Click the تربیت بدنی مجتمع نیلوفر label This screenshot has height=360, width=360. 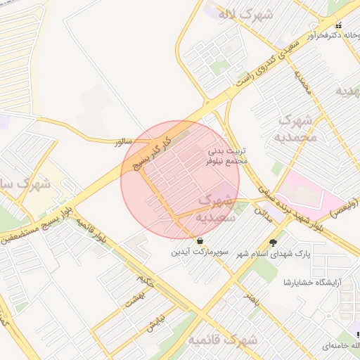227,156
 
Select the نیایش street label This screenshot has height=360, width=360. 154,323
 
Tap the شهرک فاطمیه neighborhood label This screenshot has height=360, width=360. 222,340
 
